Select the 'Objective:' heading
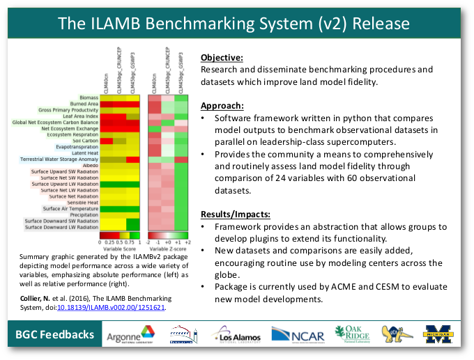click(222, 57)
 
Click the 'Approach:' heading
click(222, 106)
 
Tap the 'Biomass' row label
click(88, 97)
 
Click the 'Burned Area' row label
click(84, 103)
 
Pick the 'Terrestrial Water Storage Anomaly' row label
click(60, 160)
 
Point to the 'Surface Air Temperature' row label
click(70, 208)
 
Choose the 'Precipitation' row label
click(84, 214)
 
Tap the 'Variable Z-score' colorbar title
click(168, 248)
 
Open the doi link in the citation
click(116, 306)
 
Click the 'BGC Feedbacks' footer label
click(54, 336)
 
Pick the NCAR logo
click(297, 336)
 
